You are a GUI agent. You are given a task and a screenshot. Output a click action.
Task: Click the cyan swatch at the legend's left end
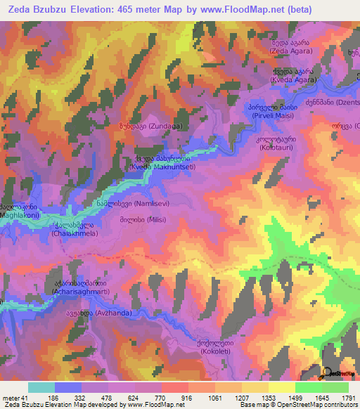(x=41, y=387)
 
